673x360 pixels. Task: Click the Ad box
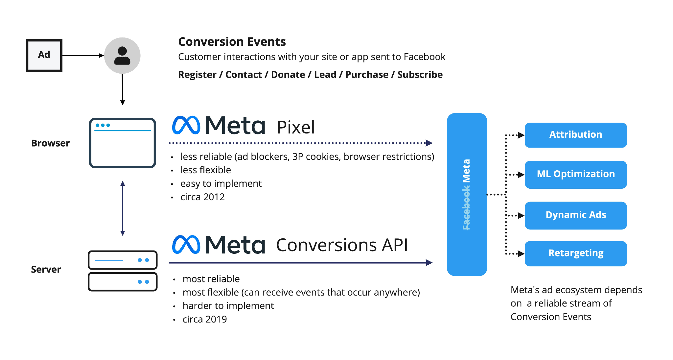44,55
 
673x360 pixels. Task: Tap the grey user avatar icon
122,56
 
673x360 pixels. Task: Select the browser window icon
122,143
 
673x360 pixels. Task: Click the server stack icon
122,271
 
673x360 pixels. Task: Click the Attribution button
575,135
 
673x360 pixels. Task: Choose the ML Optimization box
575,174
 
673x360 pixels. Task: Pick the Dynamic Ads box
575,215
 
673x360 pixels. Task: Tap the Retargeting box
575,253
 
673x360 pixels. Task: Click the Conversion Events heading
232,42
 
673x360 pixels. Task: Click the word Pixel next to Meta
295,127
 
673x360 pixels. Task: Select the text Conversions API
342,245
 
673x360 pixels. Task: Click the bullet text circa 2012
202,197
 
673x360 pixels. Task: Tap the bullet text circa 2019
204,319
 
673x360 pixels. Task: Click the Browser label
50,143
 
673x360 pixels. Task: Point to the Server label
46,270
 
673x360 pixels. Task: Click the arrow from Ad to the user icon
82,56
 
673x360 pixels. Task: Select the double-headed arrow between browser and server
123,208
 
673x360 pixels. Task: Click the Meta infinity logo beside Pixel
186,125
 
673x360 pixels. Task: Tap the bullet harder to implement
228,306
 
